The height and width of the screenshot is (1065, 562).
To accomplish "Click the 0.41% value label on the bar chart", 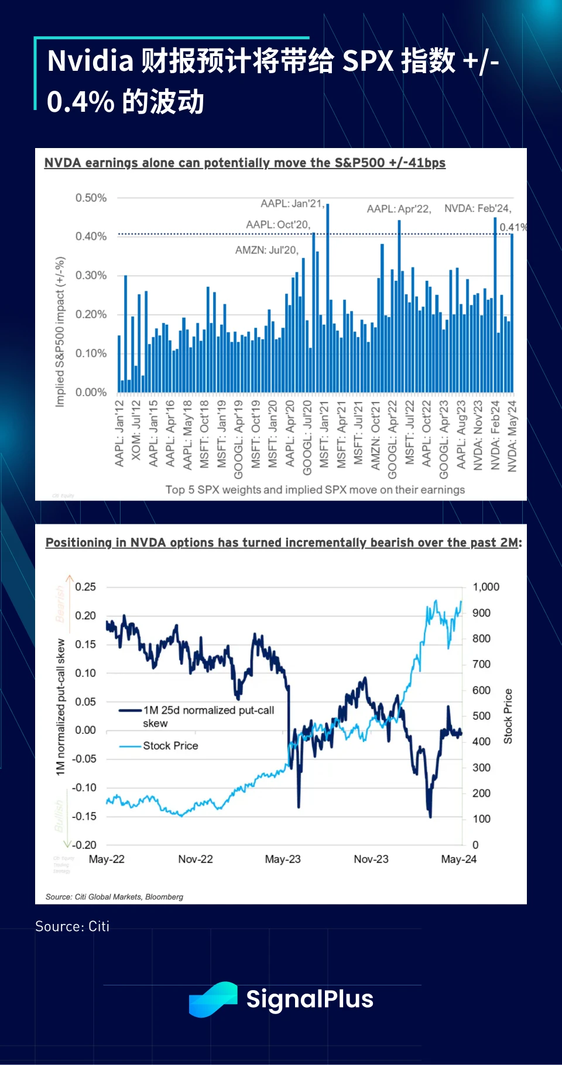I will tap(513, 227).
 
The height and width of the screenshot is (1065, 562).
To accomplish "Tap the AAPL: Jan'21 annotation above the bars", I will tap(292, 204).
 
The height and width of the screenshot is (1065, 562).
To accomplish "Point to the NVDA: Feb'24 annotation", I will tap(478, 208).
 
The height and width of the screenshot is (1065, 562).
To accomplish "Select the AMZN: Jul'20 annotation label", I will tap(267, 250).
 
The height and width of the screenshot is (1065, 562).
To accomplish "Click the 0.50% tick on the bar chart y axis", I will tap(91, 198).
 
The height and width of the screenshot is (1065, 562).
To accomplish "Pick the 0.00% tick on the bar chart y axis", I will tap(91, 392).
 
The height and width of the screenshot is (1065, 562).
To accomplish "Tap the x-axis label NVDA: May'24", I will tap(513, 436).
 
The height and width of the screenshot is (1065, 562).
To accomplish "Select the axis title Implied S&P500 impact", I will tap(60, 331).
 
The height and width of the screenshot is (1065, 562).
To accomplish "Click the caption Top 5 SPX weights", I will tap(315, 490).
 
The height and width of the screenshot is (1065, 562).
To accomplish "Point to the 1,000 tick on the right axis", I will tap(486, 587).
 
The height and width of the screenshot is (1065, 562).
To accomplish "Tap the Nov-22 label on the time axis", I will tap(196, 859).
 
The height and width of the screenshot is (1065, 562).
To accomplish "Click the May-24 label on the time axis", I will tap(458, 859).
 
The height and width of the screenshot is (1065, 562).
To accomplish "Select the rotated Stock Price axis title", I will tap(508, 716).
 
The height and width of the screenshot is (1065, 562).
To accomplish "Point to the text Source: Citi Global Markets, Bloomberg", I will tap(114, 896).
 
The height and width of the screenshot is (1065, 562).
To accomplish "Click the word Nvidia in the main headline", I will tap(90, 61).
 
